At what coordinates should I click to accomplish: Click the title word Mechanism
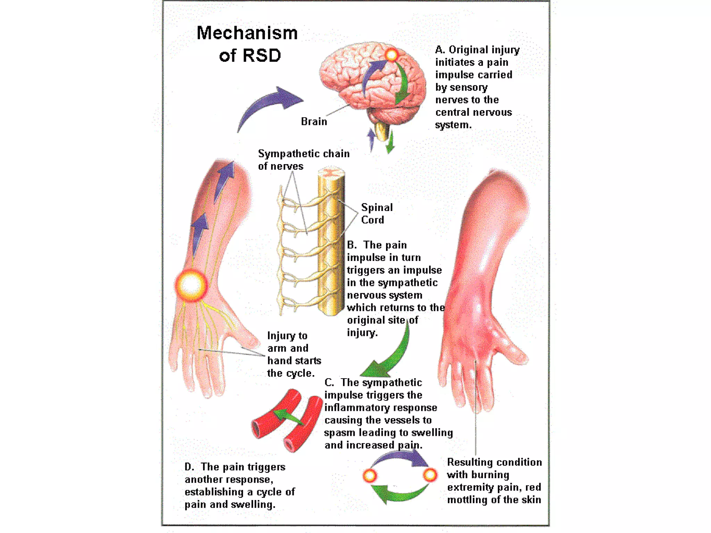coord(247,33)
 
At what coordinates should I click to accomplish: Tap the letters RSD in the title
coord(262,56)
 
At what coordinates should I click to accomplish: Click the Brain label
coord(314,121)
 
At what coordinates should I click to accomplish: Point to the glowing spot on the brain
coord(391,54)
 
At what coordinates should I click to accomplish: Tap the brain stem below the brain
coord(382,130)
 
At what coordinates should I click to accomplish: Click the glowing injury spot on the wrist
coord(191,285)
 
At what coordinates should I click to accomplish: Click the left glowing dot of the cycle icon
coord(370,475)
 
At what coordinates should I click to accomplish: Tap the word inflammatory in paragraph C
coord(361,407)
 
